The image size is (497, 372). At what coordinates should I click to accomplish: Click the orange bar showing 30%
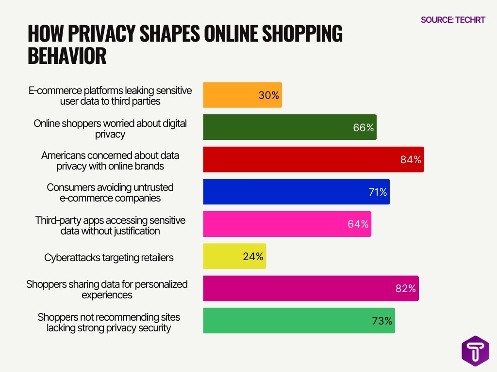pyautogui.click(x=242, y=95)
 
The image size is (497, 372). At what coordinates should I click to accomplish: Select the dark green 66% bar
pyautogui.click(x=289, y=127)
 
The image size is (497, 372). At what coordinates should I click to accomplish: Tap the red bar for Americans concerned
pyautogui.click(x=313, y=159)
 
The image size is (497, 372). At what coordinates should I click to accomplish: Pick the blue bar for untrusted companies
pyautogui.click(x=296, y=192)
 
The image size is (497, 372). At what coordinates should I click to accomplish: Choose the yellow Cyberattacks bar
pyautogui.click(x=234, y=256)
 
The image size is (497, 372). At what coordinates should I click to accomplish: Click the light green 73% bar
pyautogui.click(x=298, y=321)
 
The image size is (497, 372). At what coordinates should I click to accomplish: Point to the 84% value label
pyautogui.click(x=411, y=160)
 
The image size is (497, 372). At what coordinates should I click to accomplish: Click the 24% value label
pyautogui.click(x=253, y=256)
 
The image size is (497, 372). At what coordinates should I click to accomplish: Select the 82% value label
pyautogui.click(x=406, y=289)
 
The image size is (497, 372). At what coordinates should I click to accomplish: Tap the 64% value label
pyautogui.click(x=358, y=224)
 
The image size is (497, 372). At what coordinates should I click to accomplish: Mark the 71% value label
pyautogui.click(x=377, y=192)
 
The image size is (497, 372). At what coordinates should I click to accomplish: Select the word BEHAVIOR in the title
pyautogui.click(x=67, y=56)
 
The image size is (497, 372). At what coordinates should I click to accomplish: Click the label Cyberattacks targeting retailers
pyautogui.click(x=109, y=258)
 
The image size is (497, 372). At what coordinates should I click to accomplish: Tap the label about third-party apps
pyautogui.click(x=110, y=226)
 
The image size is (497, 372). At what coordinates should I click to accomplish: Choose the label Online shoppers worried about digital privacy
pyautogui.click(x=110, y=129)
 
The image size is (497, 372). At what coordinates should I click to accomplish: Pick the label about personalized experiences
pyautogui.click(x=107, y=289)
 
